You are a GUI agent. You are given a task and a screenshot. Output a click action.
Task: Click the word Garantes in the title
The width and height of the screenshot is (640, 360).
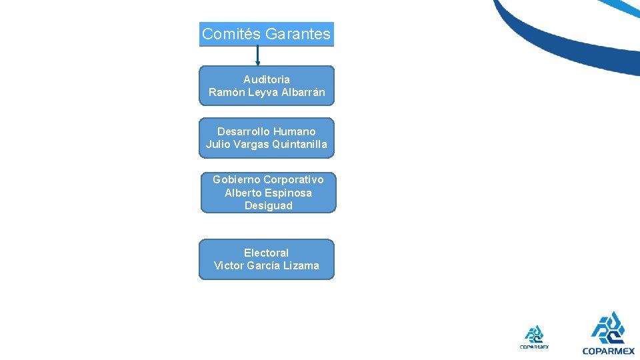pos(297,34)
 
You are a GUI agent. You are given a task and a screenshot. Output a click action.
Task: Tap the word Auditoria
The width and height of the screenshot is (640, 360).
pos(267,79)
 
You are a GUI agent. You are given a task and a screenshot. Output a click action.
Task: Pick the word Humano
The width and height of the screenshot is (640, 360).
pos(294,131)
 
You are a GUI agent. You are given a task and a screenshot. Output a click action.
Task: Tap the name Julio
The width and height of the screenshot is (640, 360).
pos(218,144)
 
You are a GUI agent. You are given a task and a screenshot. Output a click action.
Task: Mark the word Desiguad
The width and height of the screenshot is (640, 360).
pos(268,205)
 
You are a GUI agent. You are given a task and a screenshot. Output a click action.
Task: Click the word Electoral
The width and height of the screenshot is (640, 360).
pos(266,253)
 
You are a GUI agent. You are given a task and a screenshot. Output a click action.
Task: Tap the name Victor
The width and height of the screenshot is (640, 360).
pos(229,265)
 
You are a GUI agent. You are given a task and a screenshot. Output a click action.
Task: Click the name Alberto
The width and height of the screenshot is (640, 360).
pos(243,193)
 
